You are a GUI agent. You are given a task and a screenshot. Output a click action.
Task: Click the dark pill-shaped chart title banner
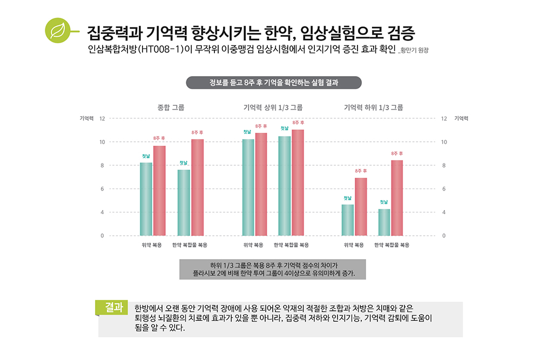273,83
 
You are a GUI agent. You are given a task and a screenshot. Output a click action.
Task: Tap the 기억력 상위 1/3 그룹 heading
273,107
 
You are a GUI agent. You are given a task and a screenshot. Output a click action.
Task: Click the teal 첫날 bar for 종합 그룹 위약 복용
146,199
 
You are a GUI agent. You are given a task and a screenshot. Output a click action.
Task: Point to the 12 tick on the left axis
102,118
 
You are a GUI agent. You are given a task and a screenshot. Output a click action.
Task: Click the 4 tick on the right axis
444,212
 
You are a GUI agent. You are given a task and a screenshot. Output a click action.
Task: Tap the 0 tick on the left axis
102,236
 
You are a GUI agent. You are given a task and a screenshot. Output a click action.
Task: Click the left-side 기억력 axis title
86,118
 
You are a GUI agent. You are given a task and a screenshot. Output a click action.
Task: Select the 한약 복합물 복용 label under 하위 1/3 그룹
391,245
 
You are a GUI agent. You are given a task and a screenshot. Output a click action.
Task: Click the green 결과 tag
113,307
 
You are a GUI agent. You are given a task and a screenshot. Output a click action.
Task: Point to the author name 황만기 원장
416,52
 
